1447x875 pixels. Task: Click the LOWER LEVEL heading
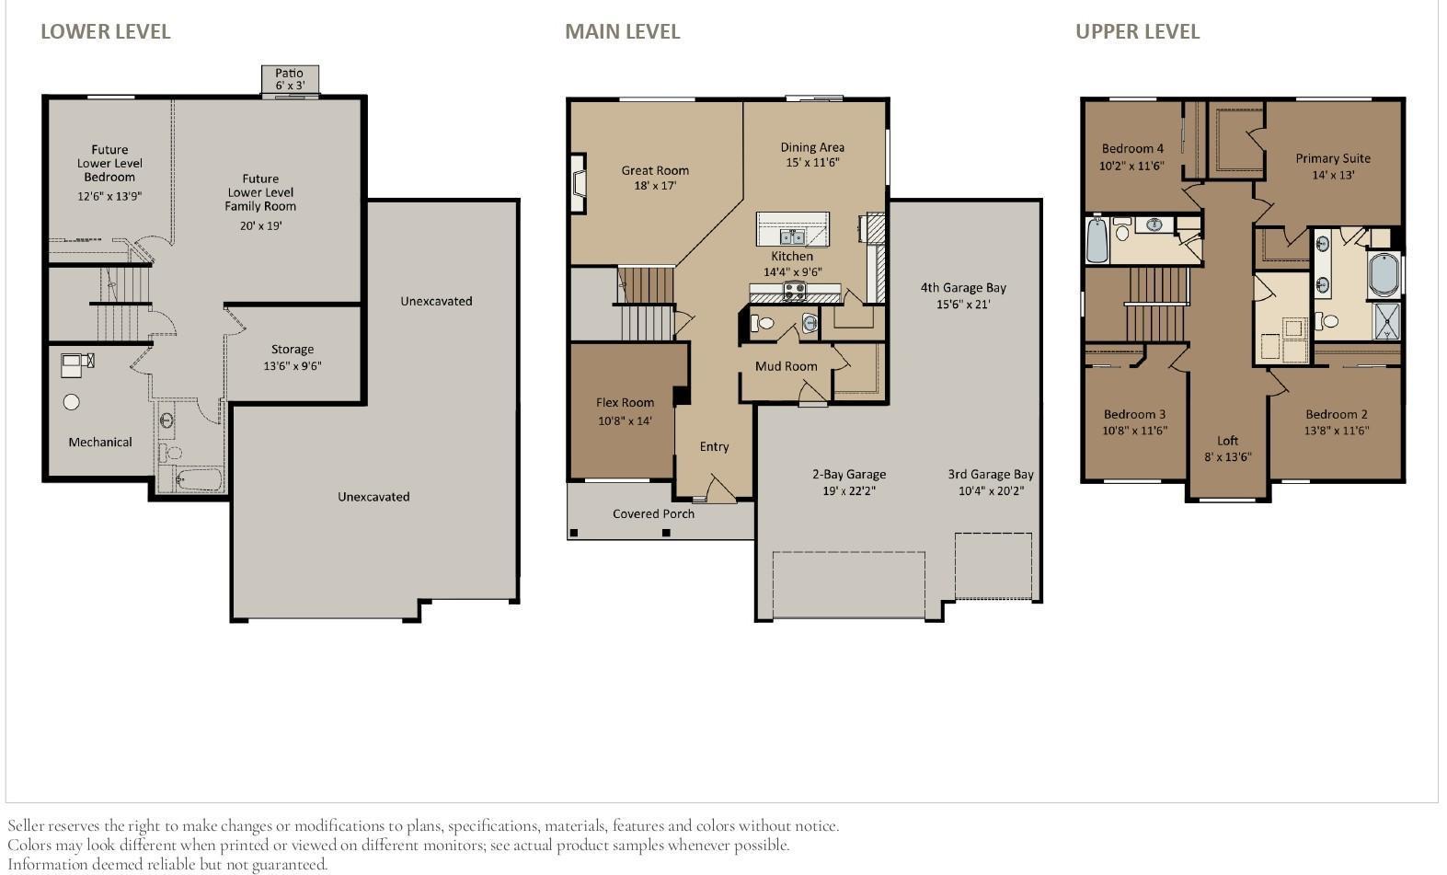point(105,31)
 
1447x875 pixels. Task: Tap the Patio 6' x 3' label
point(289,79)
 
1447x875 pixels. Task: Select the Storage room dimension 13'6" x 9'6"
point(292,366)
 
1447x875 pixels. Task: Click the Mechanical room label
point(100,443)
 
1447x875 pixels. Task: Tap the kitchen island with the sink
point(792,229)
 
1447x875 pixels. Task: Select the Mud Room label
point(786,366)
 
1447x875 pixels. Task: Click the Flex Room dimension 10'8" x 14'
point(625,421)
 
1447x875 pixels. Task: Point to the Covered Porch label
point(653,513)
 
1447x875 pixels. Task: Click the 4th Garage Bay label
point(963,288)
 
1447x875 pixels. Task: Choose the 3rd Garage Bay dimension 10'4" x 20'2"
point(991,491)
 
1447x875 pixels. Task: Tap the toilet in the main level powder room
point(762,323)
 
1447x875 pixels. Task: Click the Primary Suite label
point(1333,158)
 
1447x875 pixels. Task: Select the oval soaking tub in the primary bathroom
point(1383,274)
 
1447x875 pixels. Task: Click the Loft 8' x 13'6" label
point(1227,448)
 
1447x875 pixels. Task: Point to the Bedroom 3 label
point(1134,414)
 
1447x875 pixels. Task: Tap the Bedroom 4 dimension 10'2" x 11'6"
point(1131,167)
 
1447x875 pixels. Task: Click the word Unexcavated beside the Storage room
point(436,302)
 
